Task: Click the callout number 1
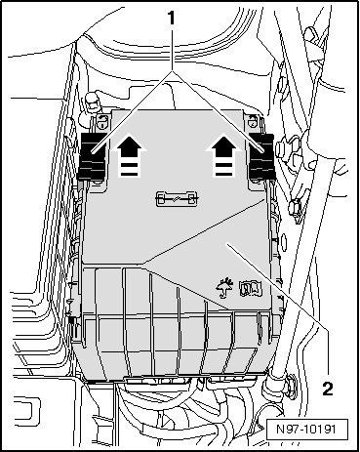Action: (171, 19)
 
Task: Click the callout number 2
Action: (328, 389)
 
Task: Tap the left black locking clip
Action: (93, 156)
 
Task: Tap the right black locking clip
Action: (262, 156)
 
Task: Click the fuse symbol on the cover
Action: (177, 198)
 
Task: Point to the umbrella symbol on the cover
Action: (224, 288)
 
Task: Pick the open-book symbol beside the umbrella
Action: (251, 289)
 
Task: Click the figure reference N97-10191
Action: (306, 429)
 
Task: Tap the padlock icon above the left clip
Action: (102, 122)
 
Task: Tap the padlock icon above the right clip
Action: (253, 121)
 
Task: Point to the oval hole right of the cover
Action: (284, 242)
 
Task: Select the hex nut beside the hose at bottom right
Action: (291, 387)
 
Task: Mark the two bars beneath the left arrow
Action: (129, 169)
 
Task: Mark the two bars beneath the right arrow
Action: (223, 169)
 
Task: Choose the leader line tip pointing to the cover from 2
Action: (227, 243)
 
